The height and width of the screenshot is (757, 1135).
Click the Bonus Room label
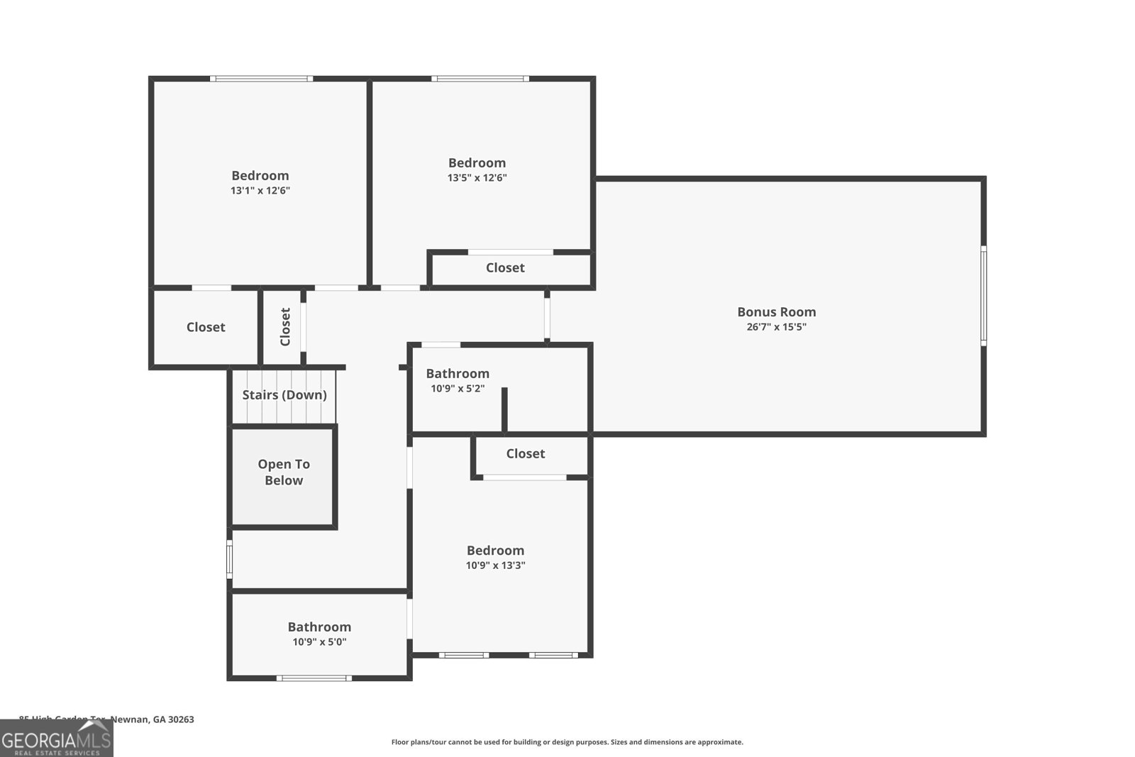776,311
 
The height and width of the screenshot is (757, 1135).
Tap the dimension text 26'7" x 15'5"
776,327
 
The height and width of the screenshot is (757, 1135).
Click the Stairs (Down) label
284,395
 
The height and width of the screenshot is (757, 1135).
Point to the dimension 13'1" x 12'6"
260,191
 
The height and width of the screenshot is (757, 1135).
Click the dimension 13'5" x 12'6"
477,178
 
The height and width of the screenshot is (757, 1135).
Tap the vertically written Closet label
285,326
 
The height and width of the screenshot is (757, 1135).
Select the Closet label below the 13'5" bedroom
505,267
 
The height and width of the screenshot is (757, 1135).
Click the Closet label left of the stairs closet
206,327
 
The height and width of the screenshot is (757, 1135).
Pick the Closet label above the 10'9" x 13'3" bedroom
526,453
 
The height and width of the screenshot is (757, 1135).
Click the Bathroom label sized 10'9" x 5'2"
458,373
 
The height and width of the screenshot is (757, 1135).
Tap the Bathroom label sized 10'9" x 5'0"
319,626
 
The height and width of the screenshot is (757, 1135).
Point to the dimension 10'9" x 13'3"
495,565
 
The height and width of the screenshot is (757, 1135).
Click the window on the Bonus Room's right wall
983,295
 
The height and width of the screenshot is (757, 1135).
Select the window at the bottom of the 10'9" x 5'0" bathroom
314,678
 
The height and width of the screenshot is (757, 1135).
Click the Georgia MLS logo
56,740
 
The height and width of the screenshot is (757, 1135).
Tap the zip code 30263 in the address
181,719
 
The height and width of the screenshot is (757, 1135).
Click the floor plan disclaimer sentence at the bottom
567,742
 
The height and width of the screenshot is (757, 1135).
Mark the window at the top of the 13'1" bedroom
261,78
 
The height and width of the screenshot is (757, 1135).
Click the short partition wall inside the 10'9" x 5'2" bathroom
504,409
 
